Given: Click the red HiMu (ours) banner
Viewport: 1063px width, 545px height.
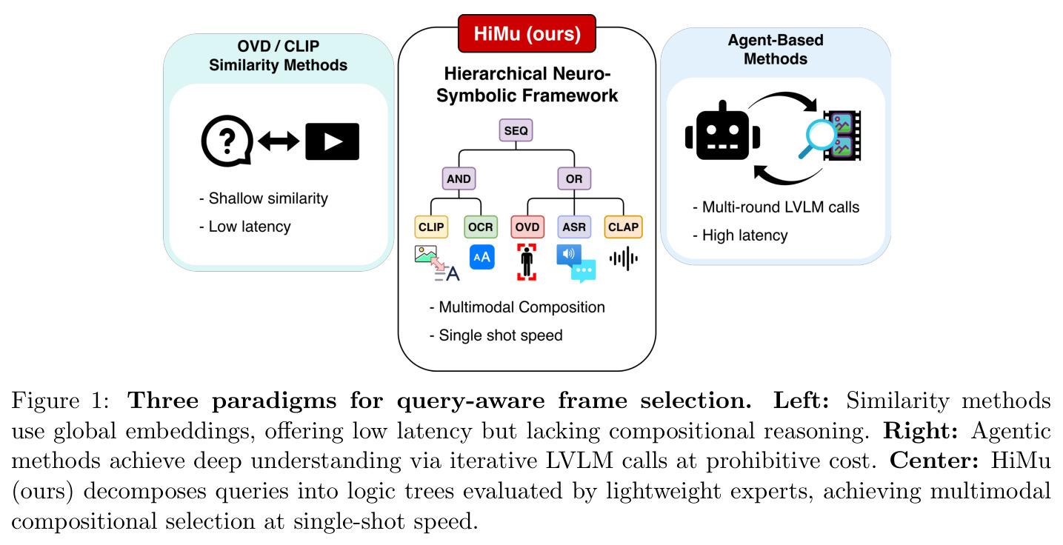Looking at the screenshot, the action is click(527, 33).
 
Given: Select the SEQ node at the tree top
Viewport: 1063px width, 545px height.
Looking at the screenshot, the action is click(516, 130).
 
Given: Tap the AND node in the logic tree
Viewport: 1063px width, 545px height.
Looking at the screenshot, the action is click(459, 178).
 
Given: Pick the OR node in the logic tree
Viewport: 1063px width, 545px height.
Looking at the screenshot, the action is click(574, 178).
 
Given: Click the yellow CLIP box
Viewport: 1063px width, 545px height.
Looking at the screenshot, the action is click(431, 227).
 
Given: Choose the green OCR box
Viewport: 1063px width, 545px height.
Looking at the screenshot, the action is click(480, 227).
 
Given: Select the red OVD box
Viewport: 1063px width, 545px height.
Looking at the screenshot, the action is click(527, 227).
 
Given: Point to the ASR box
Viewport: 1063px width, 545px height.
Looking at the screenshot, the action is click(574, 227).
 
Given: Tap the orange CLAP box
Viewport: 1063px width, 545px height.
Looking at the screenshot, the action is click(623, 227).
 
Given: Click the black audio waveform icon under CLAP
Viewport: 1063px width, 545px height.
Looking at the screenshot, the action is click(624, 258).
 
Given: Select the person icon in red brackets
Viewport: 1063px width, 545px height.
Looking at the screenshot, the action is click(527, 262).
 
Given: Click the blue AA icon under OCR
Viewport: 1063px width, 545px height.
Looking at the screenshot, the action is click(481, 257).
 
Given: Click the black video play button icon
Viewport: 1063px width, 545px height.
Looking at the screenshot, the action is click(332, 141).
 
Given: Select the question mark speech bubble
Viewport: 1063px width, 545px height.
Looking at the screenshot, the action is click(227, 141).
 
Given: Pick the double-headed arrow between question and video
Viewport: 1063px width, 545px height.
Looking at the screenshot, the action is click(279, 141).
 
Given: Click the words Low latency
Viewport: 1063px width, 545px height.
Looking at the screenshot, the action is click(250, 227).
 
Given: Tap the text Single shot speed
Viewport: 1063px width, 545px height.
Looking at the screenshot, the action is click(501, 335).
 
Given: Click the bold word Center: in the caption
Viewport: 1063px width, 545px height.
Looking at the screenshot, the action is click(934, 460).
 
